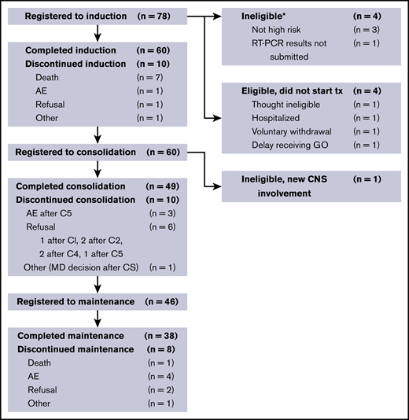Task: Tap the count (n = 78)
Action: click(164, 16)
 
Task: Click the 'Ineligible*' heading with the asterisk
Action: click(263, 16)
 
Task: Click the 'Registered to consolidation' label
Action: click(78, 149)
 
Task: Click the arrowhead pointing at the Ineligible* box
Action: click(219, 16)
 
